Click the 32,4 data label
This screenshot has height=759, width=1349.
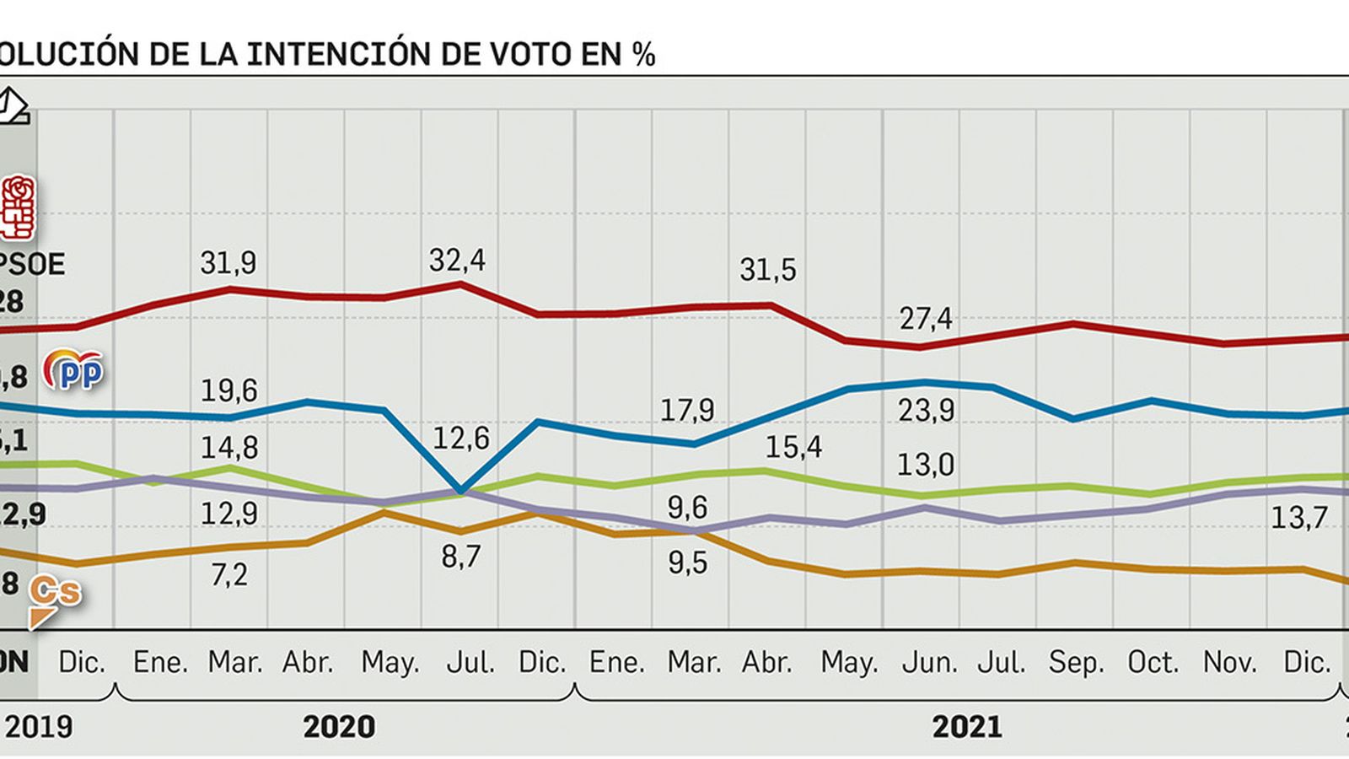tap(457, 261)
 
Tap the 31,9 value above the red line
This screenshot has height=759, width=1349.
tap(228, 263)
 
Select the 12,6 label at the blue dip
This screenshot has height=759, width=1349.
tap(460, 439)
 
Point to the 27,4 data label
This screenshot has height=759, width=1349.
tap(925, 319)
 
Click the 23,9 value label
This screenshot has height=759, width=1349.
tap(926, 411)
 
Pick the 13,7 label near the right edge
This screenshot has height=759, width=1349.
tap(1298, 517)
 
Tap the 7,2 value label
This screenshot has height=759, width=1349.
tap(229, 574)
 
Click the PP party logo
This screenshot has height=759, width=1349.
tap(74, 371)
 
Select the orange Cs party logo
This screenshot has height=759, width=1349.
tap(54, 599)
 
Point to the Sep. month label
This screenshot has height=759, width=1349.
tap(1076, 663)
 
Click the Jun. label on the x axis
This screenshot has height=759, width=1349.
tap(929, 663)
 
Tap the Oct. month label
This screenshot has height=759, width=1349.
tap(1153, 663)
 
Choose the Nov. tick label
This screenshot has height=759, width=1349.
tap(1229, 663)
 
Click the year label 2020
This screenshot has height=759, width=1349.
tap(339, 727)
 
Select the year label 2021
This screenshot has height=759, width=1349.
tap(967, 727)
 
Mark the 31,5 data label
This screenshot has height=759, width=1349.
tap(767, 270)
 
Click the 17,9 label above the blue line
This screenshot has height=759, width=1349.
tap(686, 411)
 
